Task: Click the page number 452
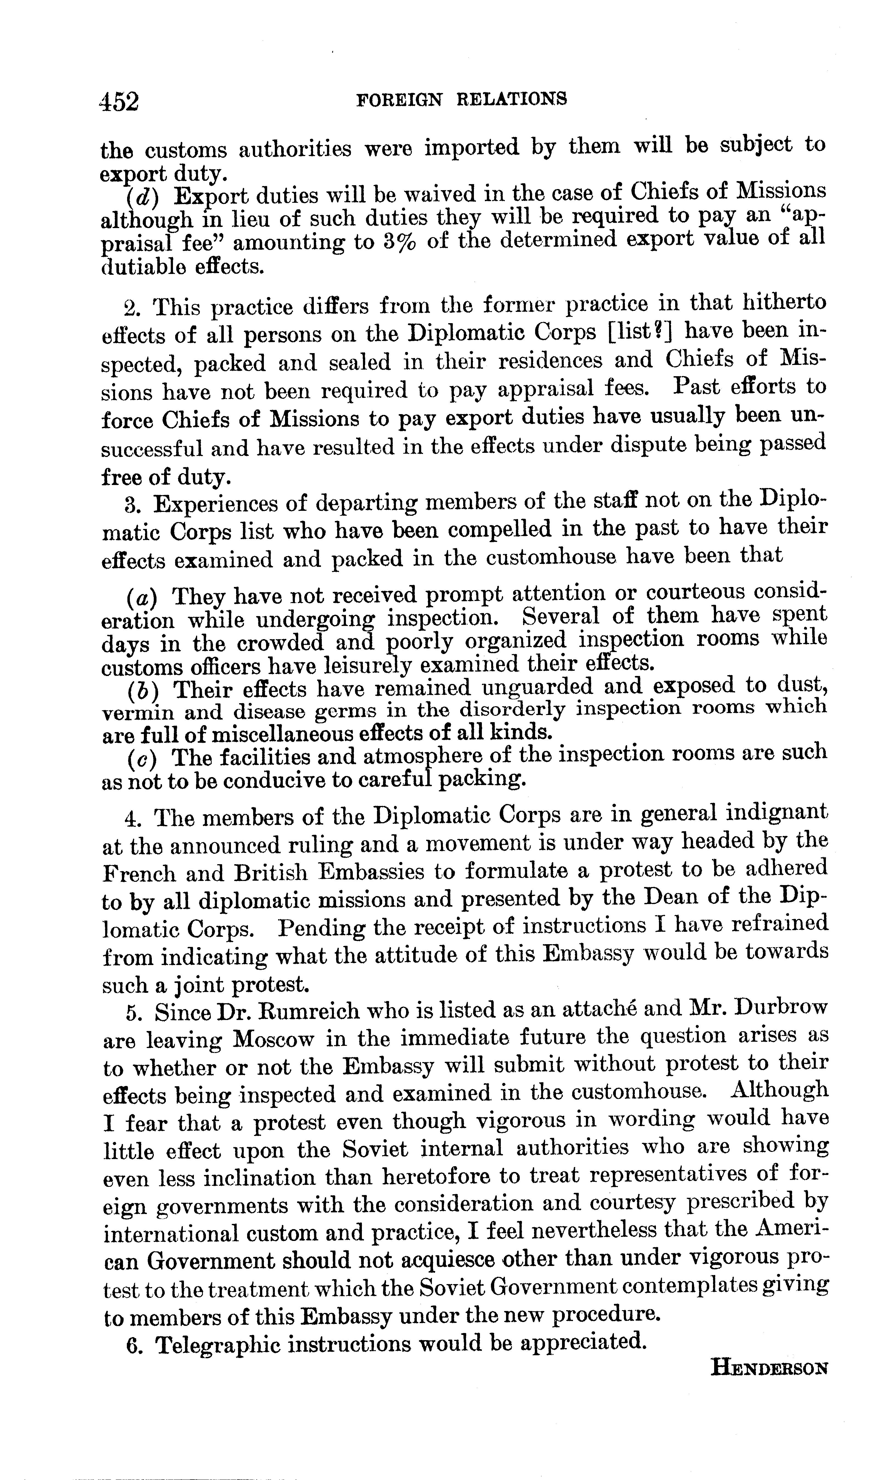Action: pyautogui.click(x=120, y=101)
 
